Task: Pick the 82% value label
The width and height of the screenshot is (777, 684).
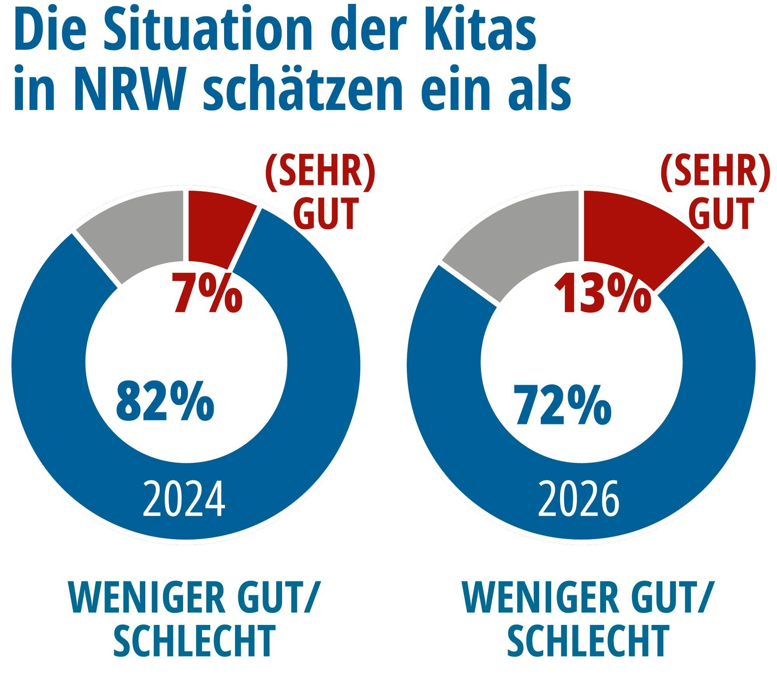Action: click(165, 402)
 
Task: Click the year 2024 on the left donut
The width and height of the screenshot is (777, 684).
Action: click(184, 499)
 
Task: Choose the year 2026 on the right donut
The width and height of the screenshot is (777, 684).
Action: click(578, 499)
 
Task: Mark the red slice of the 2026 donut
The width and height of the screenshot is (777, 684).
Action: click(637, 237)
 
